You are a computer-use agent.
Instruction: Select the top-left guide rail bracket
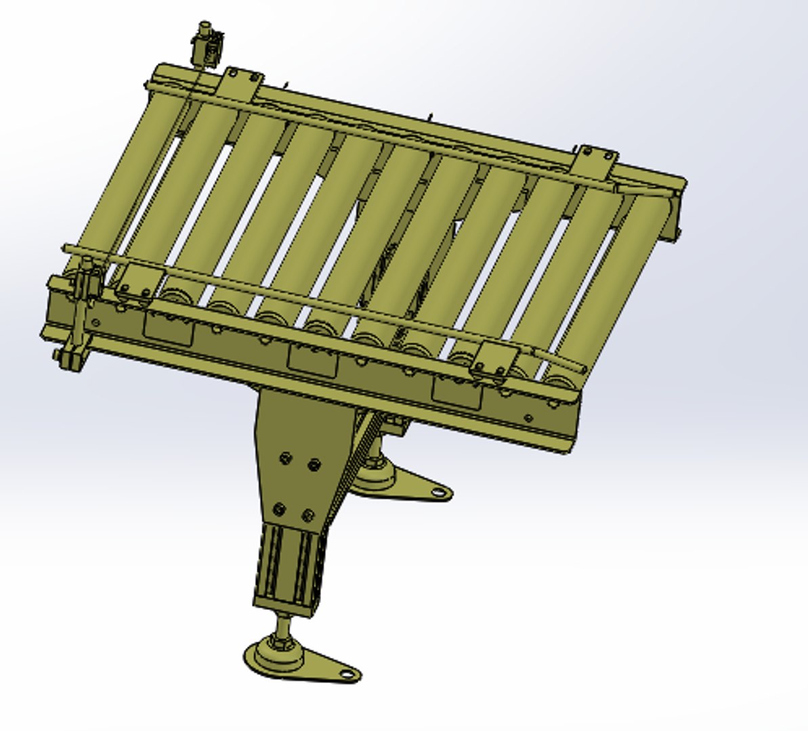[x=241, y=85]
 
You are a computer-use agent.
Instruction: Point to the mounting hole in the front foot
[x=347, y=674]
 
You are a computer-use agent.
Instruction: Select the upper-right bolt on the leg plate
[x=313, y=464]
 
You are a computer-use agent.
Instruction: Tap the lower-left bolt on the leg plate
[x=279, y=509]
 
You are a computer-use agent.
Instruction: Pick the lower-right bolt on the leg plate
[x=308, y=516]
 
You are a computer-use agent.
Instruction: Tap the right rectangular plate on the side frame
[x=456, y=392]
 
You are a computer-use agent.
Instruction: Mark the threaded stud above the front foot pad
[x=279, y=626]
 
